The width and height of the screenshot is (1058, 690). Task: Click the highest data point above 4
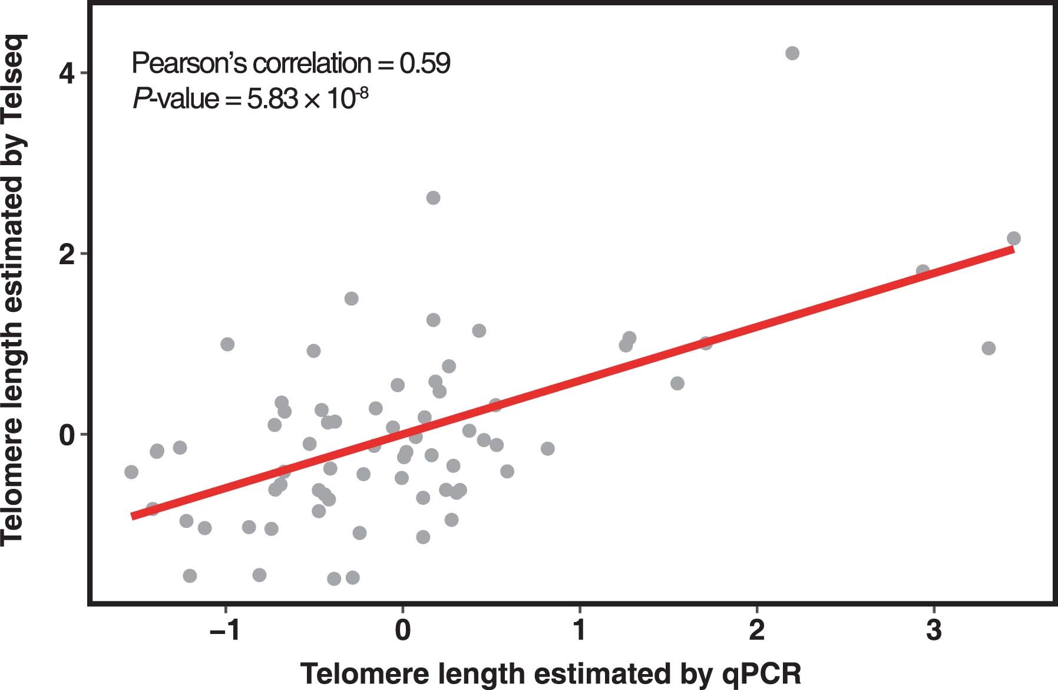(x=792, y=53)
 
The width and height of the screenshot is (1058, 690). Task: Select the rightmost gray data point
(x=1014, y=238)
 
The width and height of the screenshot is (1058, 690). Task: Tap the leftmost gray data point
(x=131, y=472)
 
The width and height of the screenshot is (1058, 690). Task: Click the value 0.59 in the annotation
(x=425, y=63)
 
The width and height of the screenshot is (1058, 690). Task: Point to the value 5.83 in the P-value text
(x=272, y=99)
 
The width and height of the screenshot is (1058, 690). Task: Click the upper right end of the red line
(x=1013, y=250)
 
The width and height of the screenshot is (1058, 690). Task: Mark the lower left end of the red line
(x=132, y=516)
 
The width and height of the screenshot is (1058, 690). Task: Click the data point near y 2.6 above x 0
(x=433, y=198)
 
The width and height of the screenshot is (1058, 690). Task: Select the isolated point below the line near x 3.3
(x=988, y=348)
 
